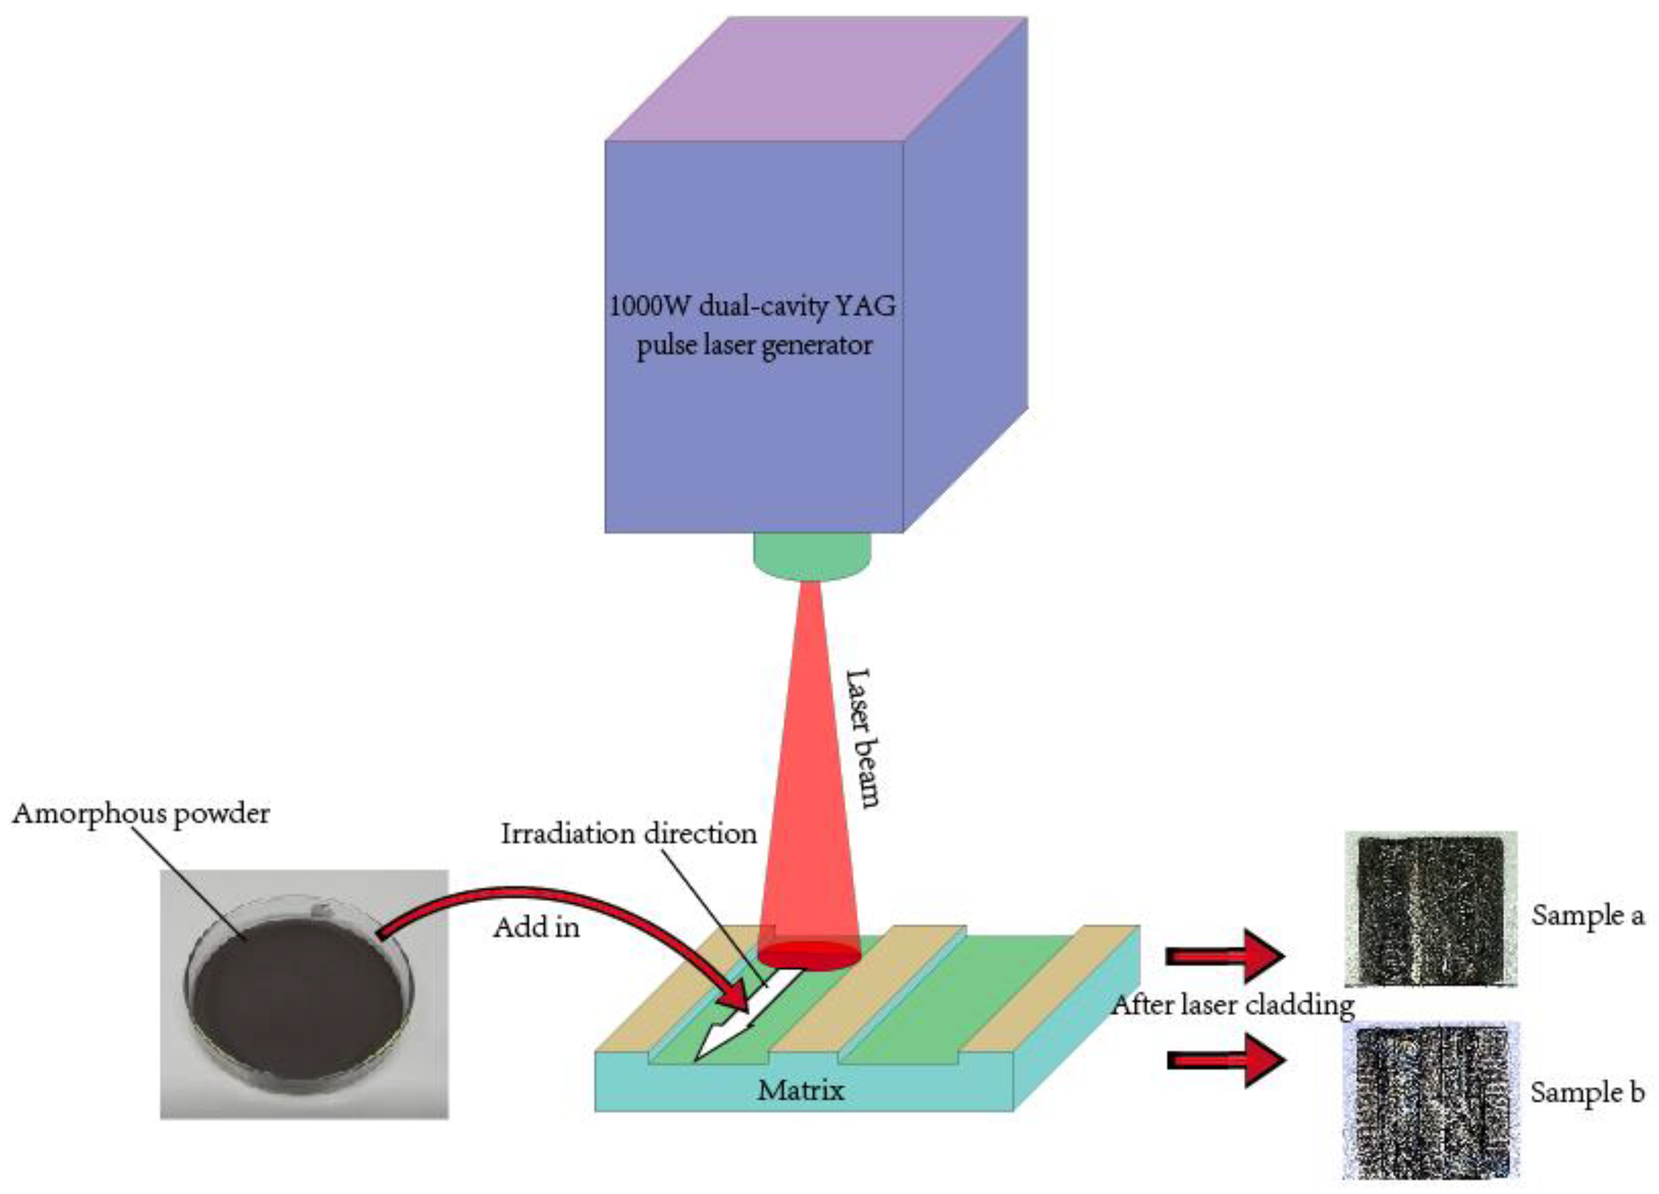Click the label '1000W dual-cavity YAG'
point(753,306)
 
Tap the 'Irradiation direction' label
point(628,834)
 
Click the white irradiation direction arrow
point(739,1017)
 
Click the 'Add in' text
point(536,928)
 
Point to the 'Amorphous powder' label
point(140,814)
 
